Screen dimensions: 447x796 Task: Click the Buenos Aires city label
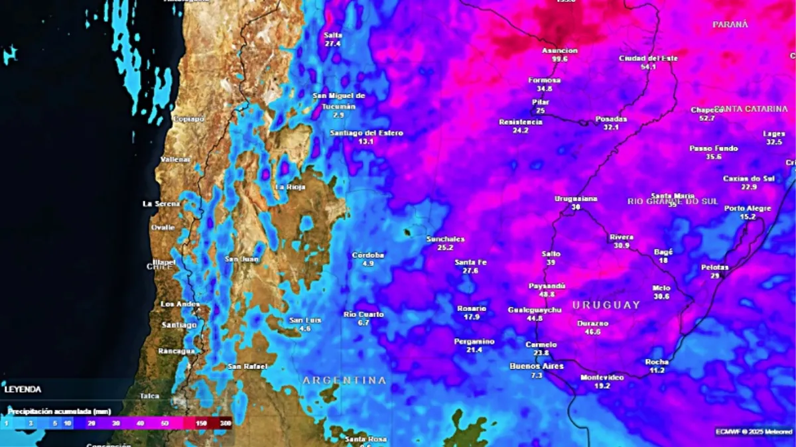coord(537,366)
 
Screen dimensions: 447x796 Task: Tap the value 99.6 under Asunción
coord(560,59)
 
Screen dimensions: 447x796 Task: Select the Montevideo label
coord(602,377)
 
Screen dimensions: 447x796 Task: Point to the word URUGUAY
coord(606,305)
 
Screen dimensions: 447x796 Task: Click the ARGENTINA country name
coord(344,381)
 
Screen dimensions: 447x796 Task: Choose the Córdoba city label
coord(368,255)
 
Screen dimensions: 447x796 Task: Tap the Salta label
coord(333,35)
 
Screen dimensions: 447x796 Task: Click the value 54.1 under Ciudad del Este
coord(648,67)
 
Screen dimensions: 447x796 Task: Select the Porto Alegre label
coord(748,208)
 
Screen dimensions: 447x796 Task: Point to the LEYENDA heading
coord(23,389)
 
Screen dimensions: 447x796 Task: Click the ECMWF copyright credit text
coord(754,432)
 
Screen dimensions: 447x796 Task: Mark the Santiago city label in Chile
coord(179,325)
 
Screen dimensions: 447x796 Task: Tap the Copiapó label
coord(188,119)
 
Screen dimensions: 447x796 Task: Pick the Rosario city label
coord(472,308)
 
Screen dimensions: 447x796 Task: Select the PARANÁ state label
coord(730,25)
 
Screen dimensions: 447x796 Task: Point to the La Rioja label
coord(290,187)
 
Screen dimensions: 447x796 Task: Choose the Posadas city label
coord(611,119)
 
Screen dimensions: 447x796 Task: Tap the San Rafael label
coord(247,367)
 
